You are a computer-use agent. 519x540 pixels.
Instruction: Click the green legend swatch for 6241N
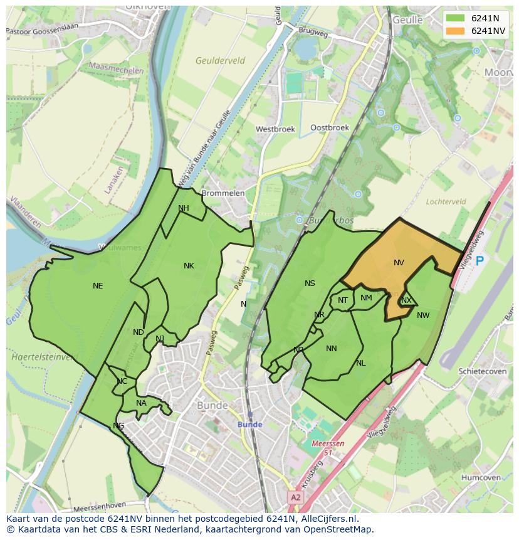click(x=456, y=18)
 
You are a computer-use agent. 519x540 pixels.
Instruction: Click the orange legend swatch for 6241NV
click(x=456, y=31)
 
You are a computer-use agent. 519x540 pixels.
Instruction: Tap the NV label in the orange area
click(x=399, y=263)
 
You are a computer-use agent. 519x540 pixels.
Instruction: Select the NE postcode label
click(x=98, y=286)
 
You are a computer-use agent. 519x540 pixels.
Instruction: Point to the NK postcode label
click(x=189, y=266)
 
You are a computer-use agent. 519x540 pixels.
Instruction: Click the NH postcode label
click(x=184, y=208)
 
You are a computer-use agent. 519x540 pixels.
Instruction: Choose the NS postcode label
click(x=310, y=283)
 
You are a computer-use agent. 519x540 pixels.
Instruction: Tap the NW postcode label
click(x=423, y=315)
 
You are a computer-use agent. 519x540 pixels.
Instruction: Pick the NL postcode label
click(x=361, y=363)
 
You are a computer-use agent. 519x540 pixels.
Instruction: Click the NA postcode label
click(x=141, y=403)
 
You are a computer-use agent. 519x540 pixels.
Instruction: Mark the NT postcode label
click(x=343, y=300)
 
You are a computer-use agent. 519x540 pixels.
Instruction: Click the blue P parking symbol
click(x=480, y=261)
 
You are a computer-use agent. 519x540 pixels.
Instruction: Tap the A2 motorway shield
click(x=295, y=497)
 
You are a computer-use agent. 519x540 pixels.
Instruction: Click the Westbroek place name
click(x=275, y=129)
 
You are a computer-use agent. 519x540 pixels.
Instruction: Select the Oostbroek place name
click(x=330, y=127)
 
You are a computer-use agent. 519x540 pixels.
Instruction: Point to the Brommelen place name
click(x=223, y=193)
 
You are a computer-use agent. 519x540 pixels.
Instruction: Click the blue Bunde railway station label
click(x=249, y=425)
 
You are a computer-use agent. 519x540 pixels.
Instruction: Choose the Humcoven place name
click(x=481, y=477)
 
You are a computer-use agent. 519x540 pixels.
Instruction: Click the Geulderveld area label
click(x=220, y=61)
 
